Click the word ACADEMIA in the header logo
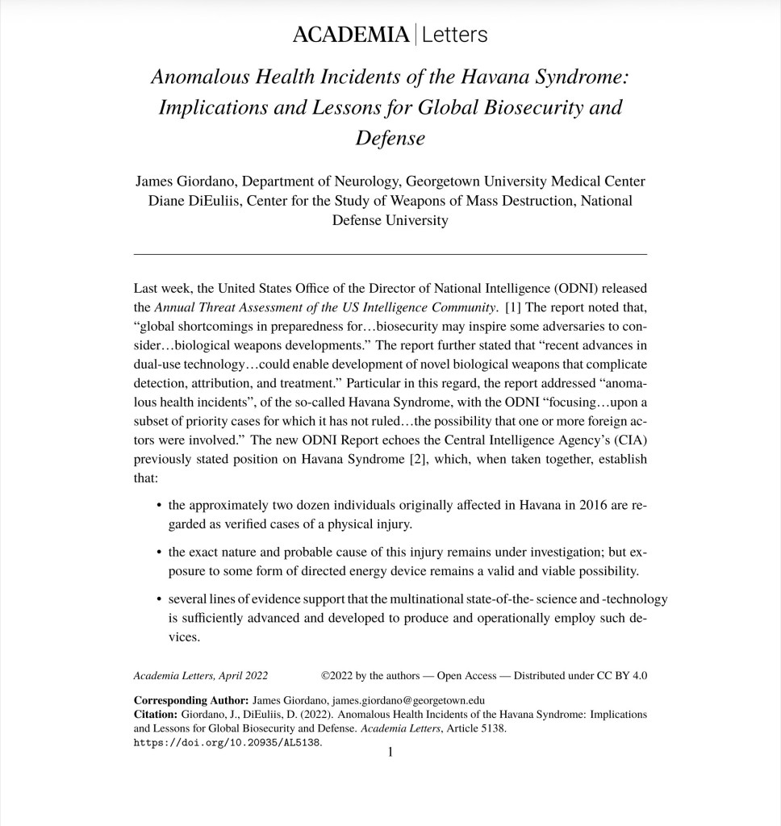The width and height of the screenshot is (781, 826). [350, 35]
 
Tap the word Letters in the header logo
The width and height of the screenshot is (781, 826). [454, 35]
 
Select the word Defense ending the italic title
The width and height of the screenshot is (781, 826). [390, 138]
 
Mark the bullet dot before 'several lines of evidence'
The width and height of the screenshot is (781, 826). [157, 599]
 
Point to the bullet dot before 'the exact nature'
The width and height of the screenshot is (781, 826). [157, 553]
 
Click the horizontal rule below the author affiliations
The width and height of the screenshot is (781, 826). [390, 254]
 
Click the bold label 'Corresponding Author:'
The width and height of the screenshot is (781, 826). [191, 699]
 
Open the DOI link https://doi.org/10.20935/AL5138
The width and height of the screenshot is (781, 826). [228, 742]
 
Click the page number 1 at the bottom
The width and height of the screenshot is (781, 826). [390, 753]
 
